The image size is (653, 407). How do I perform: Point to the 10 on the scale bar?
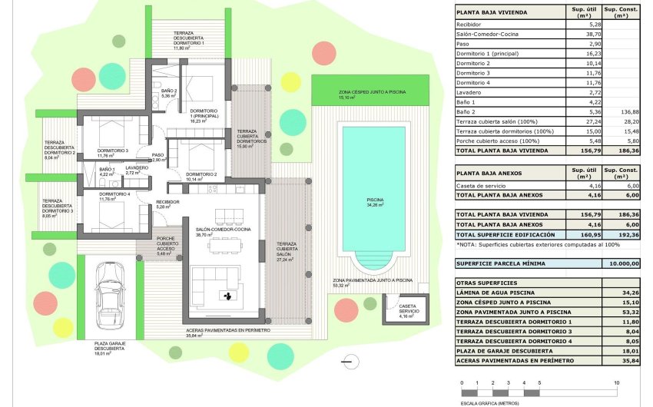coord(617,382)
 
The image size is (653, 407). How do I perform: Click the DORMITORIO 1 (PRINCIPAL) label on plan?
coord(204,114)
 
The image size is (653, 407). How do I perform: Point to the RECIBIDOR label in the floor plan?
coord(167,202)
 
